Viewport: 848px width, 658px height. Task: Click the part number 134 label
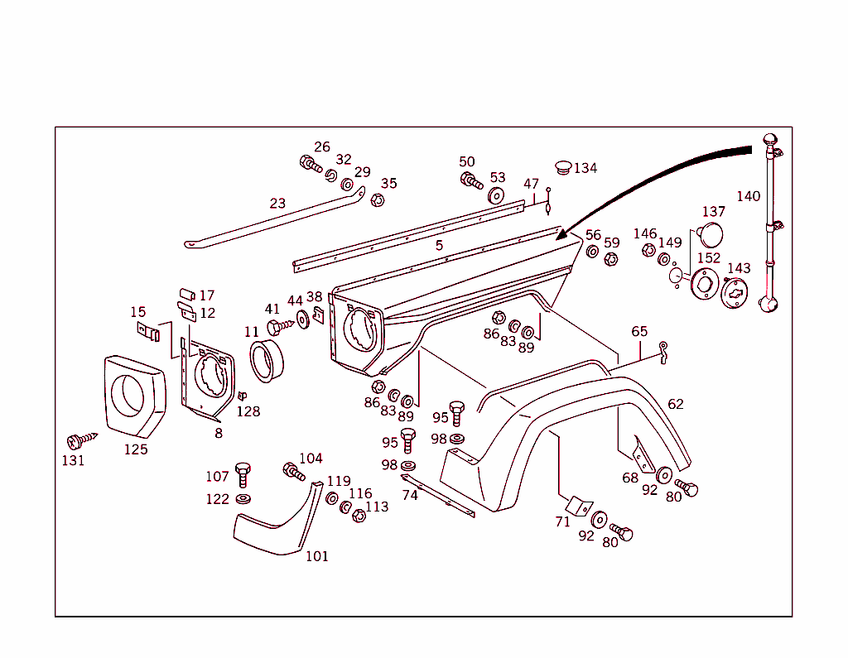pos(585,168)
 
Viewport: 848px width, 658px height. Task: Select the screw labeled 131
pos(81,439)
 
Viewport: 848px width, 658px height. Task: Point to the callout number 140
pos(748,196)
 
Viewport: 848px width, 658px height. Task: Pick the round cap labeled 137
pos(710,234)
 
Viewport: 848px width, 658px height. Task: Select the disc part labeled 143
pos(735,293)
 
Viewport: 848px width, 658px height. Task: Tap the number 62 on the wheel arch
pos(676,404)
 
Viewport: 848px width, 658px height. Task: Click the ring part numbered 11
pos(267,361)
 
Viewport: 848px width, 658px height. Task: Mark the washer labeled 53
pos(497,196)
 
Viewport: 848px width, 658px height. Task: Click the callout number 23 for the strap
pos(277,203)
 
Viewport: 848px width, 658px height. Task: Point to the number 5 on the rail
pos(439,245)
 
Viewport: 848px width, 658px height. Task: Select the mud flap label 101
pos(316,556)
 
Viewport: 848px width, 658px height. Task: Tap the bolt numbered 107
pos(242,473)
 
